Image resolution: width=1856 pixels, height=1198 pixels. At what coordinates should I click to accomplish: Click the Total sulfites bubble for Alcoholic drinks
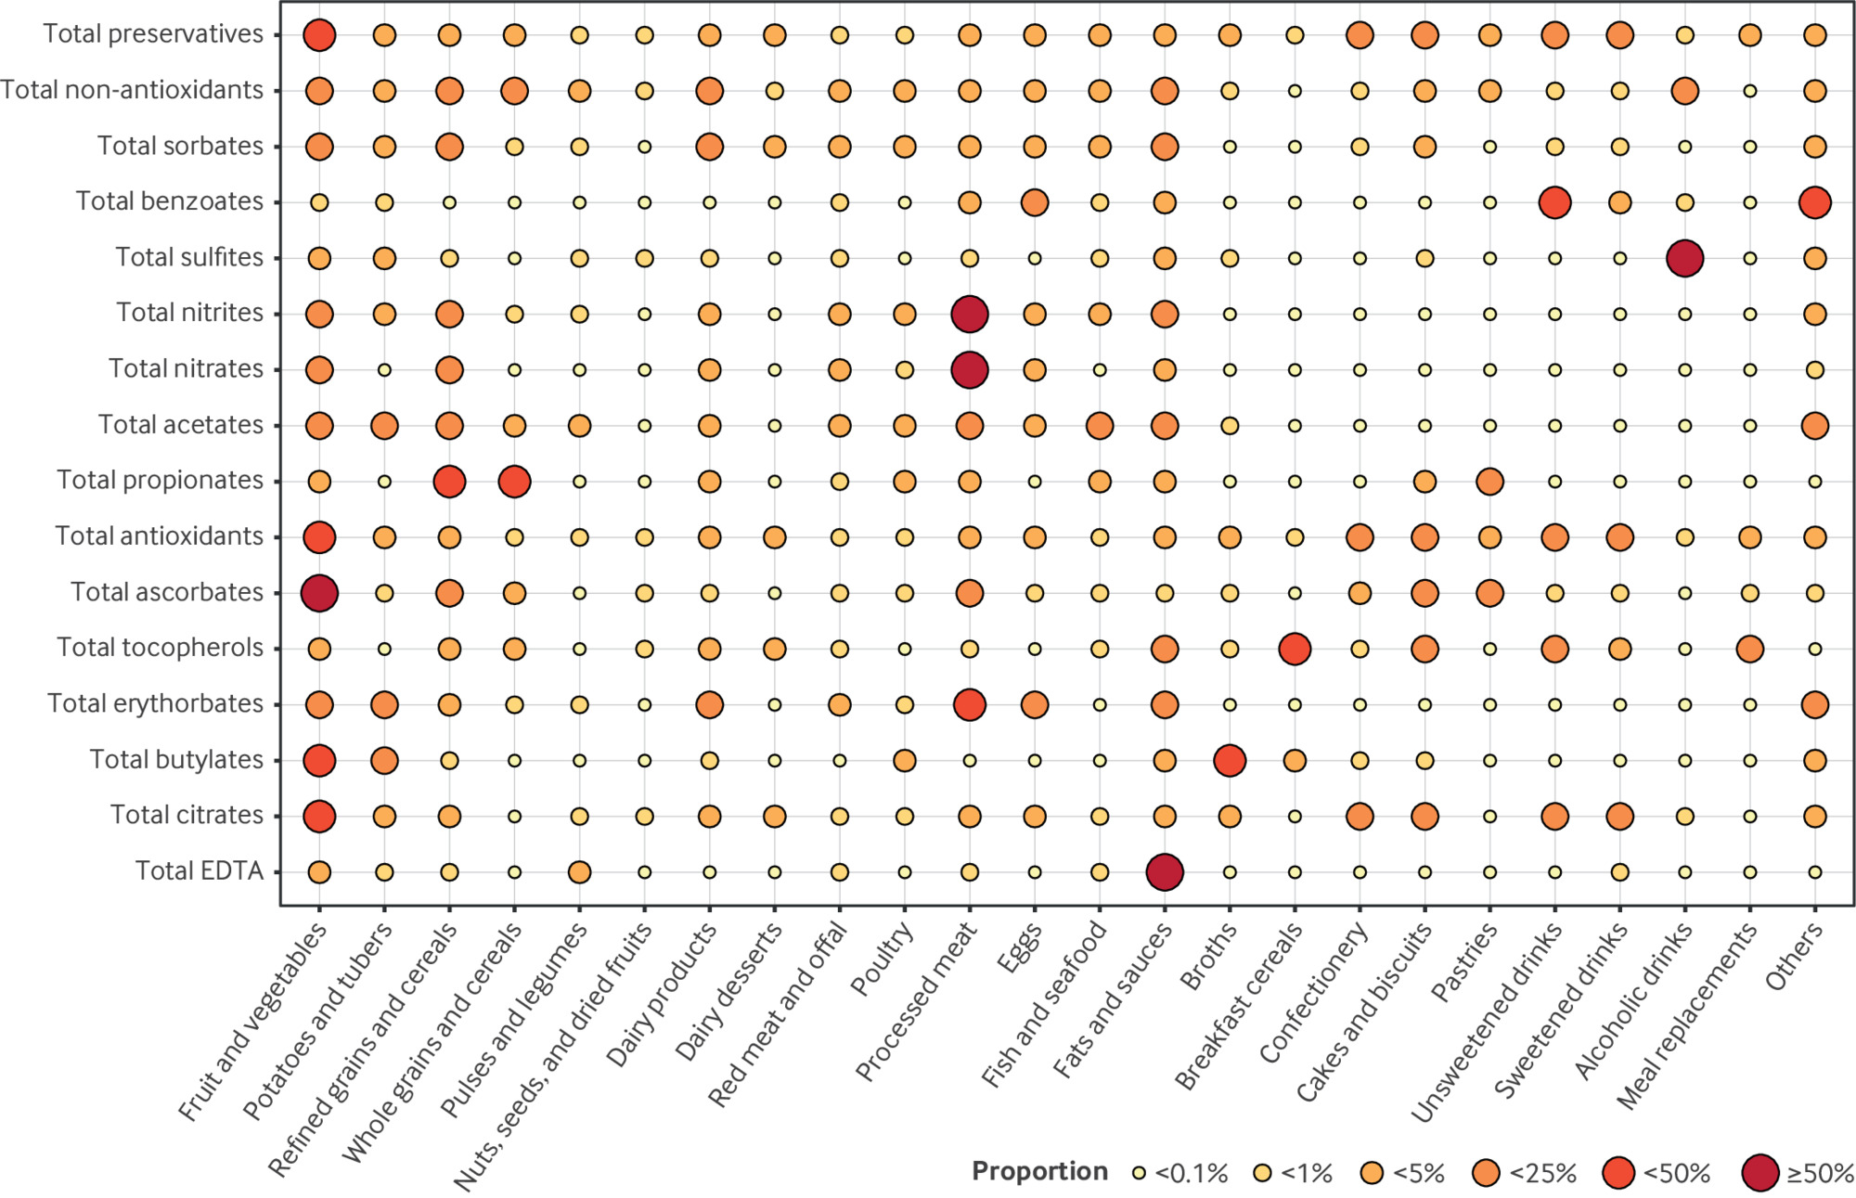(x=1684, y=258)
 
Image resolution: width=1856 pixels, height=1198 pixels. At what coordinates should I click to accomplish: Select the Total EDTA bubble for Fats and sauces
(x=1165, y=872)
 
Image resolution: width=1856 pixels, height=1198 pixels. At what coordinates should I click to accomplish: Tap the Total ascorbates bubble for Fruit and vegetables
(x=319, y=593)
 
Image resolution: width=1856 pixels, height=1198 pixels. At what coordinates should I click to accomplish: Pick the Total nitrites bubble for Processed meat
(x=970, y=315)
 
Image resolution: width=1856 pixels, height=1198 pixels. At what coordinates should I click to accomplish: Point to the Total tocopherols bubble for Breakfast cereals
(x=1295, y=649)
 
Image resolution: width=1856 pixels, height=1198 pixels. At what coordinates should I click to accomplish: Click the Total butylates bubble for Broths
(x=1230, y=760)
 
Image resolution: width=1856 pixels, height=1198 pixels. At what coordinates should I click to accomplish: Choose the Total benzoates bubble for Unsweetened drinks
(x=1554, y=202)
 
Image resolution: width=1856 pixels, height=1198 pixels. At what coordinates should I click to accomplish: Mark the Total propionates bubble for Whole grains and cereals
(x=514, y=482)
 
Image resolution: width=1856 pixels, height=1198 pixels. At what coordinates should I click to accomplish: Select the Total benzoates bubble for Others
(x=1814, y=202)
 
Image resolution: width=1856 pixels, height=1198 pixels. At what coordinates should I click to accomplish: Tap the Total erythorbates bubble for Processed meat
(x=970, y=704)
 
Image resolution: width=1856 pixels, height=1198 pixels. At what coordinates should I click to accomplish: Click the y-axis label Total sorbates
(x=181, y=146)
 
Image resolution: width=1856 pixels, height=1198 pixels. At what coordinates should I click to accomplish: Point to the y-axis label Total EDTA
(x=200, y=870)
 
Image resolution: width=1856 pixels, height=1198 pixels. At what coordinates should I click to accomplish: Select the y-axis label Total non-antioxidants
(x=133, y=90)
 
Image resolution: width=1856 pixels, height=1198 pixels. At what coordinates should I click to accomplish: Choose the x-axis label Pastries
(x=1465, y=962)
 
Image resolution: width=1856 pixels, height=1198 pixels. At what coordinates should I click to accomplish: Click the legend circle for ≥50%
(x=1760, y=1173)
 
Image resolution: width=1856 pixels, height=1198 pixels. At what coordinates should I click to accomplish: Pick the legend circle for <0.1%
(x=1140, y=1173)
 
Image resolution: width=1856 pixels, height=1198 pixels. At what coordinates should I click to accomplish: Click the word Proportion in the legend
(x=1039, y=1172)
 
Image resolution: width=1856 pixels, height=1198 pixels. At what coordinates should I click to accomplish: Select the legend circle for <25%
(x=1487, y=1173)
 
